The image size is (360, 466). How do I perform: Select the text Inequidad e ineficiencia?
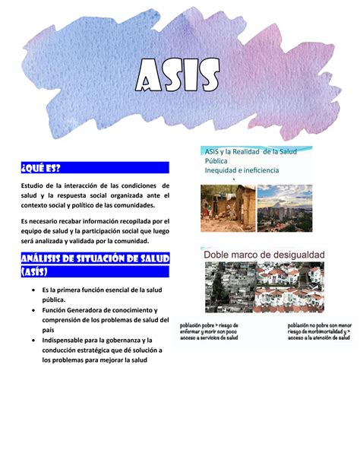(241, 170)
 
